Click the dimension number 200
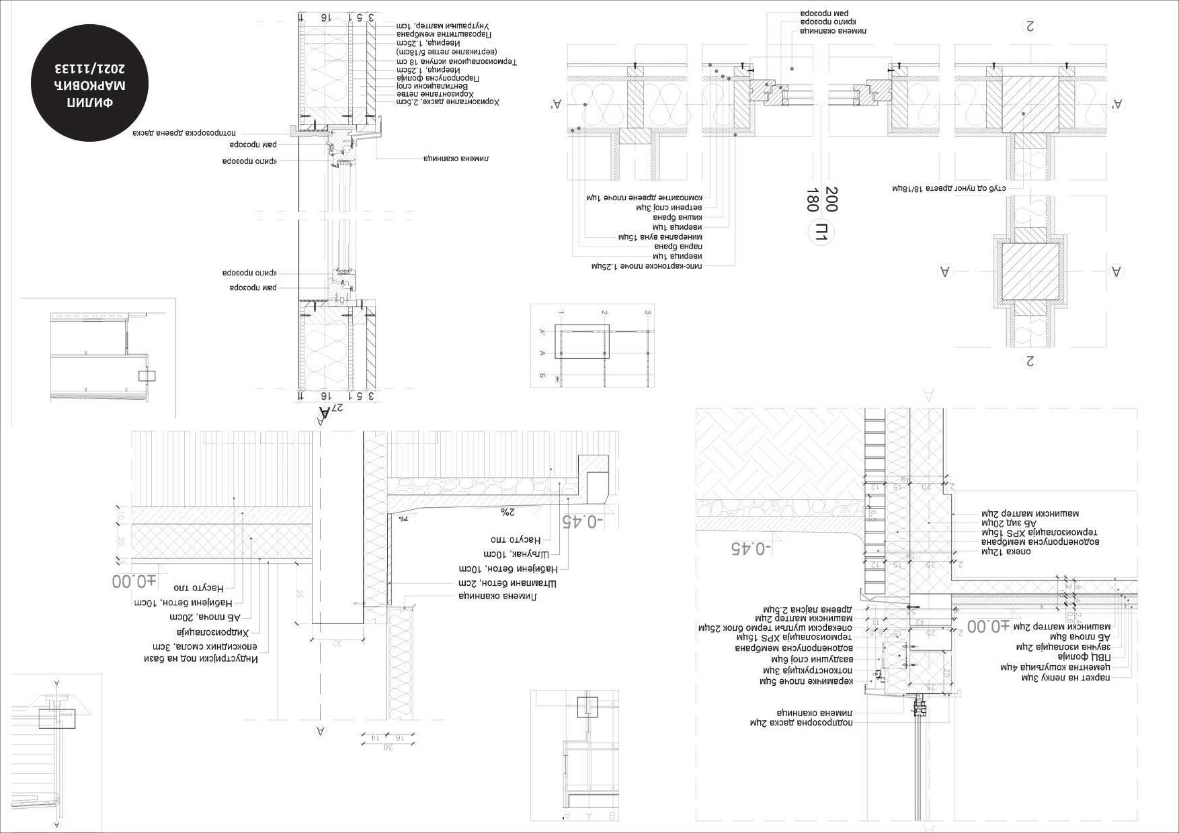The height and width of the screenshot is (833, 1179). tap(831, 199)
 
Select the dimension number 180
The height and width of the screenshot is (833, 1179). tap(812, 200)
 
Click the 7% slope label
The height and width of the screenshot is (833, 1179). tap(403, 519)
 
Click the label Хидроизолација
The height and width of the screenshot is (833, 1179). tap(213, 632)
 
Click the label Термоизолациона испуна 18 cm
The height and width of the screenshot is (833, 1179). tap(456, 62)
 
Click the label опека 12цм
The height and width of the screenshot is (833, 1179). tap(1006, 552)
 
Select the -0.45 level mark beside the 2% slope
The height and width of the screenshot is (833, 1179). tap(583, 521)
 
